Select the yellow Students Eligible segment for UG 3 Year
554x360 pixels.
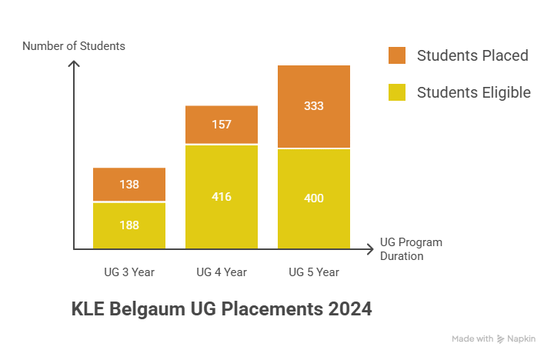pos(129,235)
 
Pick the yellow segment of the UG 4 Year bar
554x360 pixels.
pos(222,215)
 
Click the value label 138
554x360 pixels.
pos(129,185)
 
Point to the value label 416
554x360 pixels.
pos(222,197)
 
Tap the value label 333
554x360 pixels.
pos(314,106)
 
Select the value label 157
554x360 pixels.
pos(222,125)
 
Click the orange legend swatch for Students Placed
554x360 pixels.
pos(397,55)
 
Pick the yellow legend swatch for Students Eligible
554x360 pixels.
pos(397,92)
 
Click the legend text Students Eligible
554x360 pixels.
pos(473,92)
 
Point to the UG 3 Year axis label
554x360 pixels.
pos(129,272)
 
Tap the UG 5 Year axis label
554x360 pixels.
pos(314,272)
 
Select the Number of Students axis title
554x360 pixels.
pos(74,46)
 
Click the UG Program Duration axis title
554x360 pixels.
pos(411,249)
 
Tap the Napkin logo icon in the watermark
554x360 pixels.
pos(502,338)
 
